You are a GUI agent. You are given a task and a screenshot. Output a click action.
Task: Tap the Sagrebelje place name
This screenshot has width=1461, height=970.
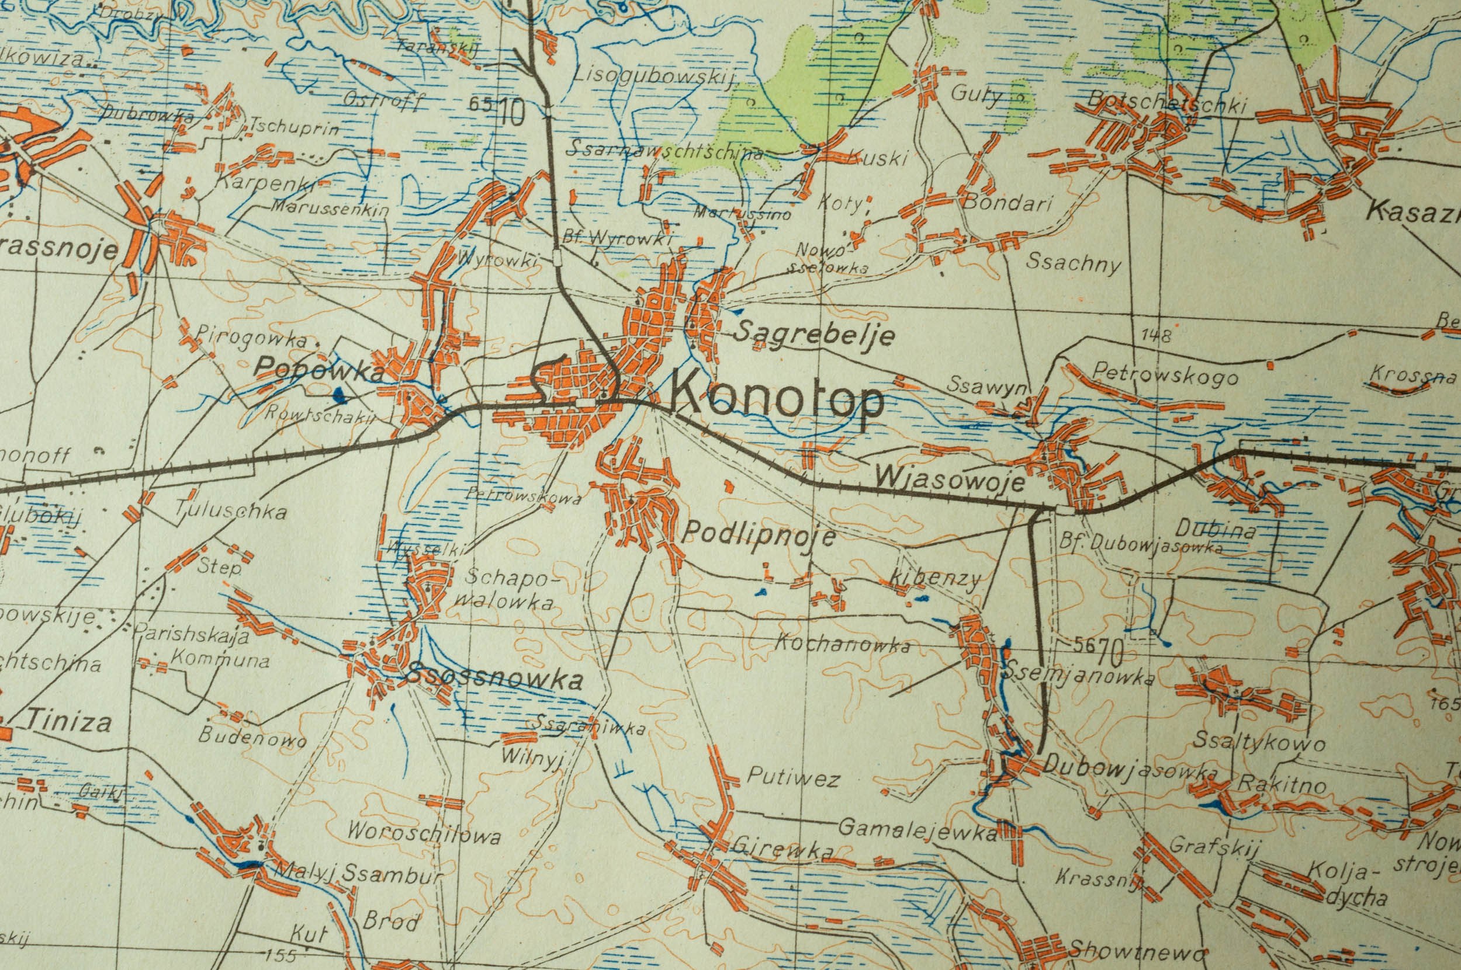pyautogui.click(x=814, y=335)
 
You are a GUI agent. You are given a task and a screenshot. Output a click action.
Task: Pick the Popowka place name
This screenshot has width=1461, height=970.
pyautogui.click(x=320, y=370)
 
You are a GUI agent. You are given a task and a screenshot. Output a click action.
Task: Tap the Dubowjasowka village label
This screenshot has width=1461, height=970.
pyautogui.click(x=1130, y=769)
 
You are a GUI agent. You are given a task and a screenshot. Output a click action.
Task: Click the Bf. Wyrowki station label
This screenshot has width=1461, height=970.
pyautogui.click(x=617, y=238)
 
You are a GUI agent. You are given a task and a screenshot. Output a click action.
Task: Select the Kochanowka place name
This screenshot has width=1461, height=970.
pyautogui.click(x=843, y=644)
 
